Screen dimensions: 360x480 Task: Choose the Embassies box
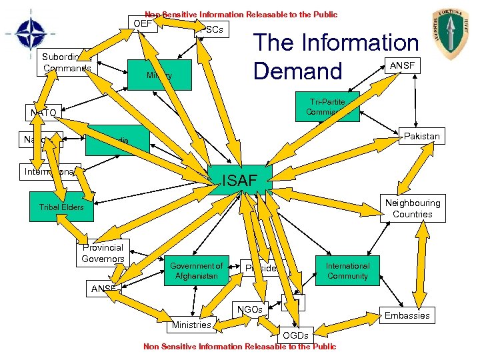coord(407,315)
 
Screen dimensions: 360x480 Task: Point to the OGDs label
coord(296,335)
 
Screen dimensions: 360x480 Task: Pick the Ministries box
coord(191,325)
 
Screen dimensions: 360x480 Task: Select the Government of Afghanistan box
coord(197,271)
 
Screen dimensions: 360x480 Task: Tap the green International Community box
coord(347,271)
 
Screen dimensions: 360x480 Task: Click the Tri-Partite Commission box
coord(327,107)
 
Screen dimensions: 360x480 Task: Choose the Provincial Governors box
coord(103,253)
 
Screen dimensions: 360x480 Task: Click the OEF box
coord(142,24)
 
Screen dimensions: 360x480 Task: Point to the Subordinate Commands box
coord(67,63)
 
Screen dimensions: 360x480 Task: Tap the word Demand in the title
coord(297,71)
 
